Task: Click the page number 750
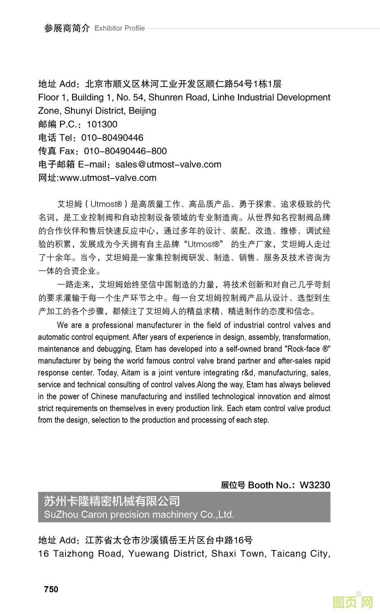[x=51, y=589]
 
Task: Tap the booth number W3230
[x=315, y=485]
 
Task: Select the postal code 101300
[x=102, y=124]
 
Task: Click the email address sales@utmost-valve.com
[x=168, y=164]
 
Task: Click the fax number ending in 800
[x=125, y=151]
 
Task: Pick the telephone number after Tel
[x=112, y=138]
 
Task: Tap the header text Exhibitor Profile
[x=119, y=28]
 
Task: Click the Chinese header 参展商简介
[x=67, y=28]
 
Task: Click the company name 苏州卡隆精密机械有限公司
[x=112, y=501]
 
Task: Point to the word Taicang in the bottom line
[x=288, y=553]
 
